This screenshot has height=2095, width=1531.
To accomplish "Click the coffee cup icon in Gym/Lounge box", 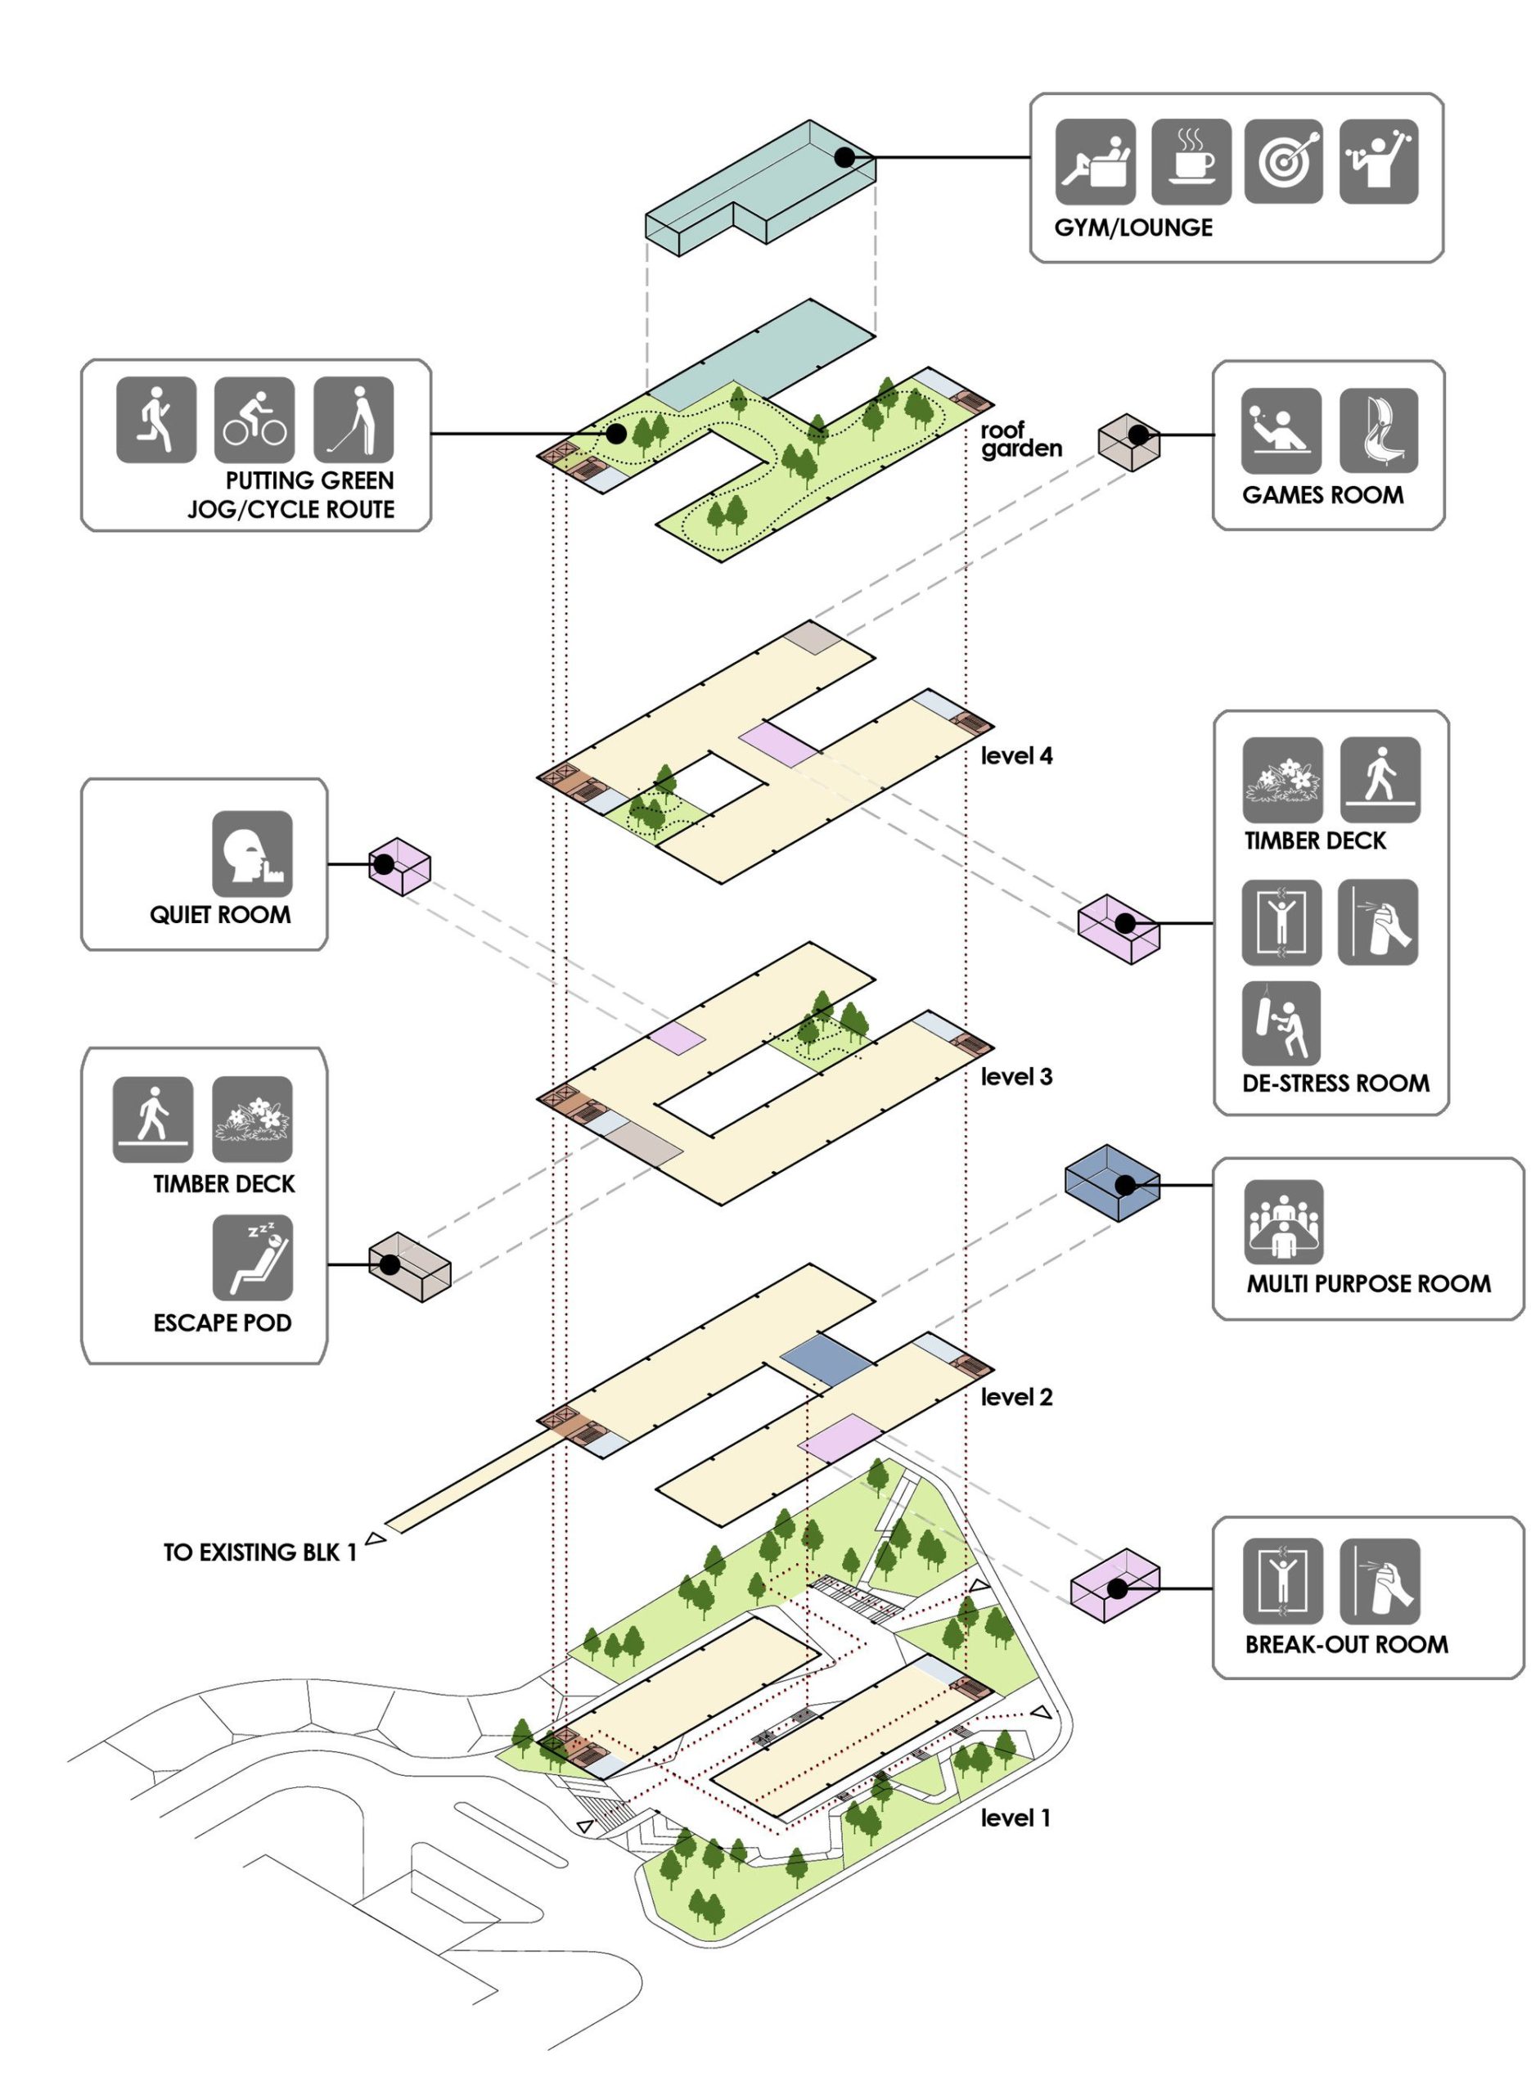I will [1191, 161].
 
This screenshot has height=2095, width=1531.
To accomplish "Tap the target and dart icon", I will [1284, 161].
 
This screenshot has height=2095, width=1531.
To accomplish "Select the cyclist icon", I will [254, 420].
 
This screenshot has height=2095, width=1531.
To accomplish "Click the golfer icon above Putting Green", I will [353, 419].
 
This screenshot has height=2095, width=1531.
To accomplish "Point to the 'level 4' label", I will [1016, 756].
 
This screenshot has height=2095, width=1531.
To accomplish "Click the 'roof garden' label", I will [1020, 439].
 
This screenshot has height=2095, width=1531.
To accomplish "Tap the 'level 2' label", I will [1016, 1397].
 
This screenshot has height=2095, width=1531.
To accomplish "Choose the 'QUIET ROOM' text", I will [221, 916].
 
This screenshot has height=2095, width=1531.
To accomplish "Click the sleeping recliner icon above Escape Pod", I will [252, 1257].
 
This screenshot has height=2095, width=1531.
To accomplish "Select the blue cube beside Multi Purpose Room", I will [1111, 1183].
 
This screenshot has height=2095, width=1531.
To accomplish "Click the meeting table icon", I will [1284, 1221].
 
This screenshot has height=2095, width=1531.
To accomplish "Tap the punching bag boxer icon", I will [1281, 1023].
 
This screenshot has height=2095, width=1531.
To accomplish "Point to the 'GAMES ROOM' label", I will [1322, 495].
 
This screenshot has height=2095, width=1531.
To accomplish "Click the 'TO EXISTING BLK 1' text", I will [260, 1553].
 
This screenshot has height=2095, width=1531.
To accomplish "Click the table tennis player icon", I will [1281, 430].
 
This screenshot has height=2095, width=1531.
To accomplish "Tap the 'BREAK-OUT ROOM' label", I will [1345, 1645].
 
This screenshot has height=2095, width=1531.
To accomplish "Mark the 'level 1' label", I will [1015, 1818].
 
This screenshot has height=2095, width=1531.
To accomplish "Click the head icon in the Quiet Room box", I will [252, 854].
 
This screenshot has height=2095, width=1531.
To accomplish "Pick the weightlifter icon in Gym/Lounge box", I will [1378, 161].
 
